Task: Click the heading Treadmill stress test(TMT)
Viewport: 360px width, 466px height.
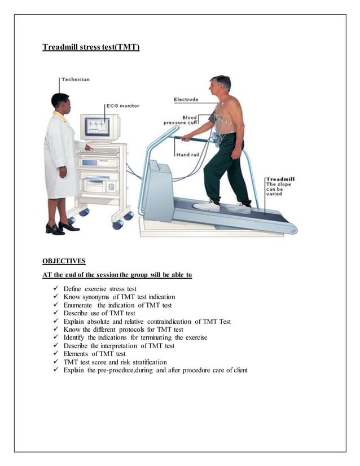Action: point(91,47)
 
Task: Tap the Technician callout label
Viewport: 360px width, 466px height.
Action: point(75,80)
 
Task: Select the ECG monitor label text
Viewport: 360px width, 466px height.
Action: point(122,105)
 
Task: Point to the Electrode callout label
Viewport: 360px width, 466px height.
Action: point(186,100)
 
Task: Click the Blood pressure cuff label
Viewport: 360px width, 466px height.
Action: point(181,120)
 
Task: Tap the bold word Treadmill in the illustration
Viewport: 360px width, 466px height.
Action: point(280,180)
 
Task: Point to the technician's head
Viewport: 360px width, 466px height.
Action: point(60,102)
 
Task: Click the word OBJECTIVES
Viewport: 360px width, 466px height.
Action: point(64,261)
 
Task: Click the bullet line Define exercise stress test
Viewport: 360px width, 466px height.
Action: point(100,289)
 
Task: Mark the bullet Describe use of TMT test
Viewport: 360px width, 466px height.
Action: point(99,313)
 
